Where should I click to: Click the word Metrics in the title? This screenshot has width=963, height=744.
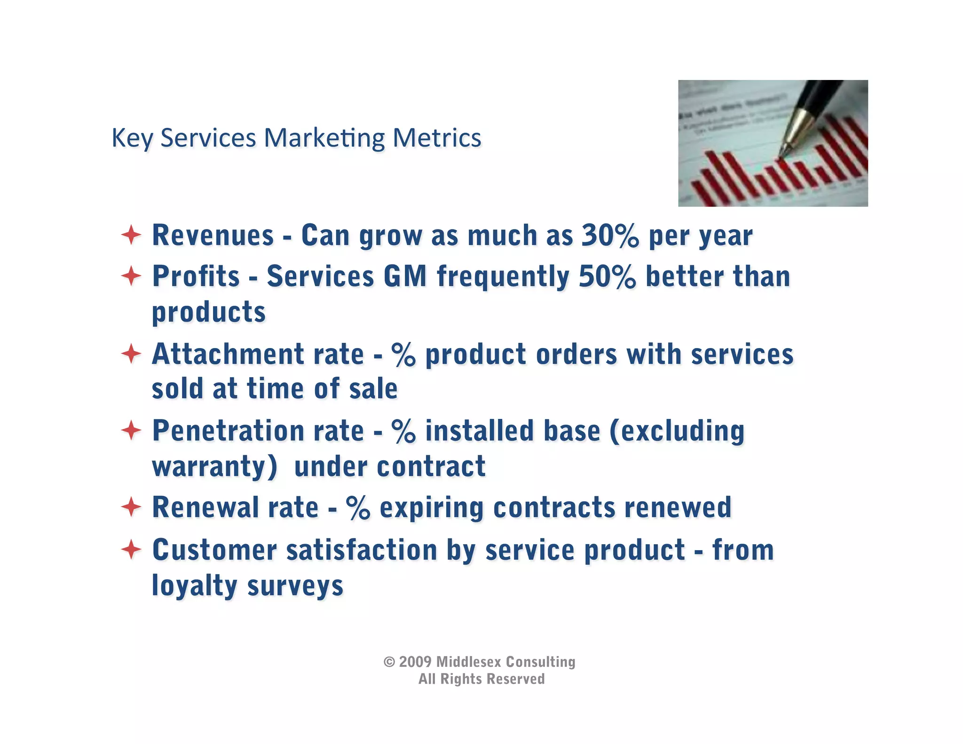tap(437, 138)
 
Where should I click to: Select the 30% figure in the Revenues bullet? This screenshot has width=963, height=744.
tap(610, 235)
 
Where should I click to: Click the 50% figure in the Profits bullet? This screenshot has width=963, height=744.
tap(607, 276)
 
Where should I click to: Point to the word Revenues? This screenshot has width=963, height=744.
tap(213, 235)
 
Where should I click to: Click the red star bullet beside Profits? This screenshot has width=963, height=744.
tap(131, 276)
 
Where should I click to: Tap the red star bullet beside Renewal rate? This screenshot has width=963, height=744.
tap(131, 507)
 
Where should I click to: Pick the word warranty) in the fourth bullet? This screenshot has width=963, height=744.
tap(214, 467)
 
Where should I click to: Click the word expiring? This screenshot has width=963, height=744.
tap(431, 508)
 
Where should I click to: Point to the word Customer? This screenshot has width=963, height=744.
tap(214, 550)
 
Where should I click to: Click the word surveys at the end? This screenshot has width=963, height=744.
tap(295, 586)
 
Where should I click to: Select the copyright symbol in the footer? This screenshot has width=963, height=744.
tap(389, 662)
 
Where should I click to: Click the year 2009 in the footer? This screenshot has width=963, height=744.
tap(415, 662)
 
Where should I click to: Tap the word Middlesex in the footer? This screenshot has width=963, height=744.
tap(468, 662)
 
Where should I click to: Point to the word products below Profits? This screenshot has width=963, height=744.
tap(208, 312)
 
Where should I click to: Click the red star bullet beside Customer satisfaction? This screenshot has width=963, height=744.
tap(131, 549)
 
